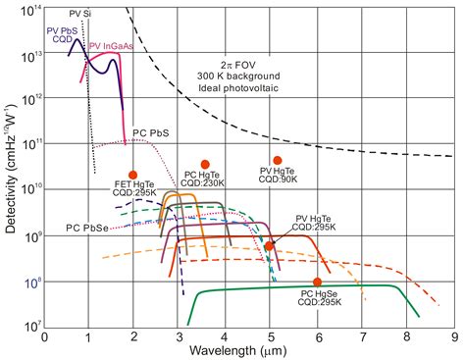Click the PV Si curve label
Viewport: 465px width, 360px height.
pos(81,14)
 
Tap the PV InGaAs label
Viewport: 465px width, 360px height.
pos(111,45)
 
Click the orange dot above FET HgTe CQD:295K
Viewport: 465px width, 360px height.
pos(133,175)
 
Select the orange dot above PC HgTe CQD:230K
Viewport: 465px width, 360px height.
pos(205,164)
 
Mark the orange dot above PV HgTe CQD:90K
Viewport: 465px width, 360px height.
pos(278,160)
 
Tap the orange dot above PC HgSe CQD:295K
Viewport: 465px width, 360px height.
pos(317,282)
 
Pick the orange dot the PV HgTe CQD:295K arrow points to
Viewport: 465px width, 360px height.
pos(269,246)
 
